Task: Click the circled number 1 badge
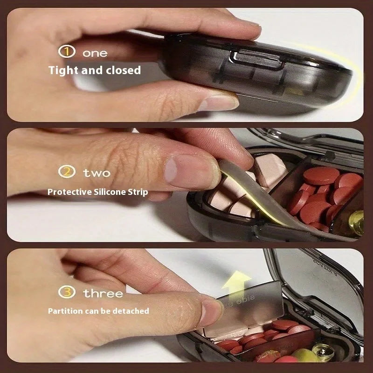(67, 51)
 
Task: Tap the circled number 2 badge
(67, 172)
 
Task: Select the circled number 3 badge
(67, 292)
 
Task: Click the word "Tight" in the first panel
(63, 71)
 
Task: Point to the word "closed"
(123, 70)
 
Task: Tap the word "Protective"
(69, 192)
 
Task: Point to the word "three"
(103, 293)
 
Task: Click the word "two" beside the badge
(97, 173)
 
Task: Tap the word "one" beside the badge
(95, 53)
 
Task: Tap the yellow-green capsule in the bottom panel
(305, 355)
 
